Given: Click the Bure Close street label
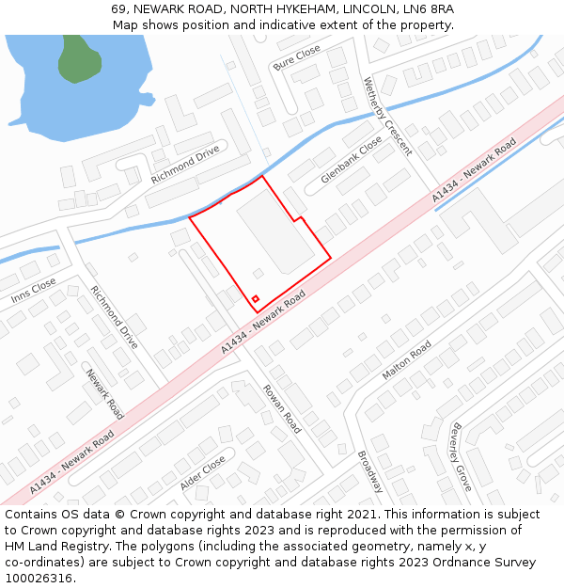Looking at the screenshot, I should (296, 57).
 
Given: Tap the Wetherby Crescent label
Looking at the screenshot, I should (387, 116).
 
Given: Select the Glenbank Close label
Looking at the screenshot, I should (352, 159).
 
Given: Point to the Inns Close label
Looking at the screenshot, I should (34, 291).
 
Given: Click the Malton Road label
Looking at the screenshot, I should (406, 361).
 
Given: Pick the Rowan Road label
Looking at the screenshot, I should (281, 408).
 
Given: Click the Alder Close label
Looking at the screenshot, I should (202, 473).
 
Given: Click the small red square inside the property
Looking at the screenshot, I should (255, 299).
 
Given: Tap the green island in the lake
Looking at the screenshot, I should (79, 59).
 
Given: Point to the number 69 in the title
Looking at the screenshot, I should (118, 9).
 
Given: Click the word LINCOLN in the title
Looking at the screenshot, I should (369, 9).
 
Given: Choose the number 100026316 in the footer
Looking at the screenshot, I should (39, 579).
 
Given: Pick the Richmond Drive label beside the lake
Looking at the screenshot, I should (184, 164).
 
